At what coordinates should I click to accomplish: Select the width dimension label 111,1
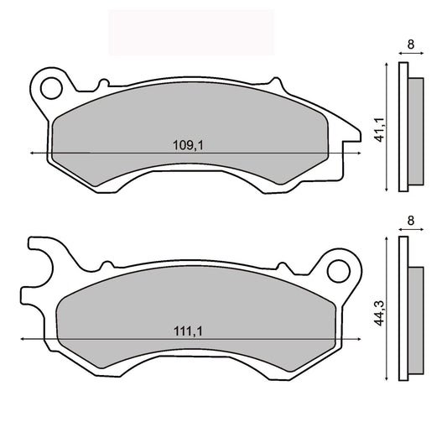point(190,331)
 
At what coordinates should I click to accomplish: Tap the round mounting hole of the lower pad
point(337,269)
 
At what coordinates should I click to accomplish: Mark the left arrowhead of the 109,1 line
point(32,154)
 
